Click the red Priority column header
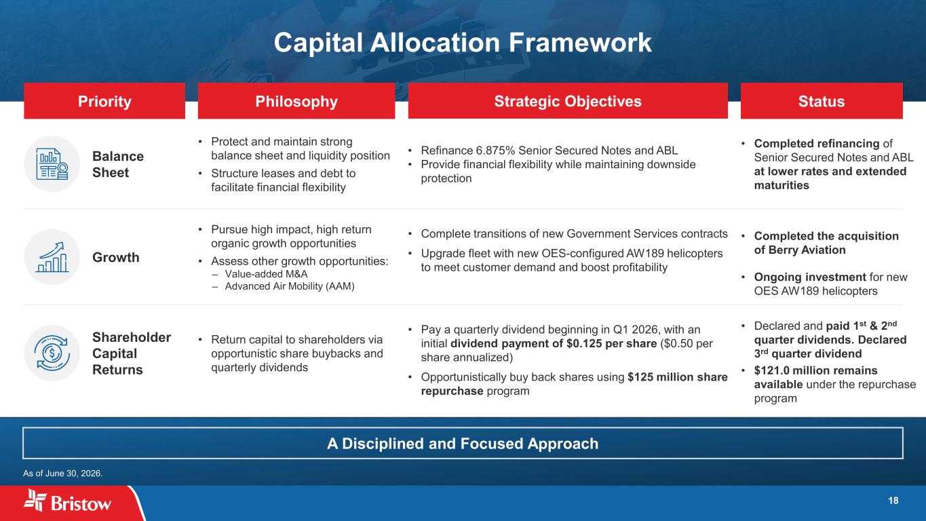tap(104, 101)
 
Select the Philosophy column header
tap(296, 101)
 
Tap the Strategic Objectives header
tap(568, 101)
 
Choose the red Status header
tap(822, 101)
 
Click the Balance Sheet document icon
tap(52, 164)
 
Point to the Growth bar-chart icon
tap(52, 257)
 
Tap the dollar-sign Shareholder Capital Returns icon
tap(52, 353)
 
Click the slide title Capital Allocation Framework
tap(463, 43)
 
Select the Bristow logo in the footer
tap(67, 501)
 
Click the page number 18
tap(893, 501)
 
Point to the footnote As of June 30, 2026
tap(63, 474)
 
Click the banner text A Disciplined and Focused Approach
tap(463, 444)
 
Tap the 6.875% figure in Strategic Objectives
tap(495, 151)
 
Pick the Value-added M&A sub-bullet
tap(266, 274)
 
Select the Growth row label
tap(116, 257)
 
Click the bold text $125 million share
tap(678, 377)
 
